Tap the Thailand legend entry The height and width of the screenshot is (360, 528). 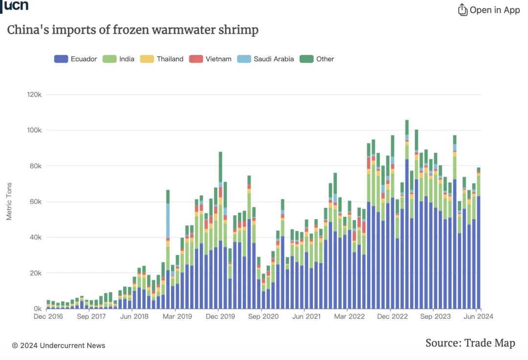click(162, 59)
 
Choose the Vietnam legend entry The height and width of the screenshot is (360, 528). click(211, 59)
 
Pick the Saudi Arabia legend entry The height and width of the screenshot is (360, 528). click(265, 59)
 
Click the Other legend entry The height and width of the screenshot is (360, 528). click(318, 59)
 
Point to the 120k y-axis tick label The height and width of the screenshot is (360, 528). click(34, 94)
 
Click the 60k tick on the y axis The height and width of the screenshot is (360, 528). click(36, 202)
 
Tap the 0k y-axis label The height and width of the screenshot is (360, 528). click(38, 309)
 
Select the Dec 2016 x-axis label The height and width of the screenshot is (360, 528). click(48, 316)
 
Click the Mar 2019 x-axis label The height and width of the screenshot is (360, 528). click(177, 316)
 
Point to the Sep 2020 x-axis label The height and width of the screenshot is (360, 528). click(264, 316)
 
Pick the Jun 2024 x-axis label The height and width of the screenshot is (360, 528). click(478, 316)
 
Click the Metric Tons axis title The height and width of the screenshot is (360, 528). click(9, 202)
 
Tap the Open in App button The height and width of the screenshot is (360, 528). click(489, 10)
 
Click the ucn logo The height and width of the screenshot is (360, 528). click(16, 6)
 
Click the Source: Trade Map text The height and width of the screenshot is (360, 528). click(470, 343)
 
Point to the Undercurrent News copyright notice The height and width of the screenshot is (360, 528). click(59, 345)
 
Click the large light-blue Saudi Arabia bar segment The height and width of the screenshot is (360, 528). click(168, 220)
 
